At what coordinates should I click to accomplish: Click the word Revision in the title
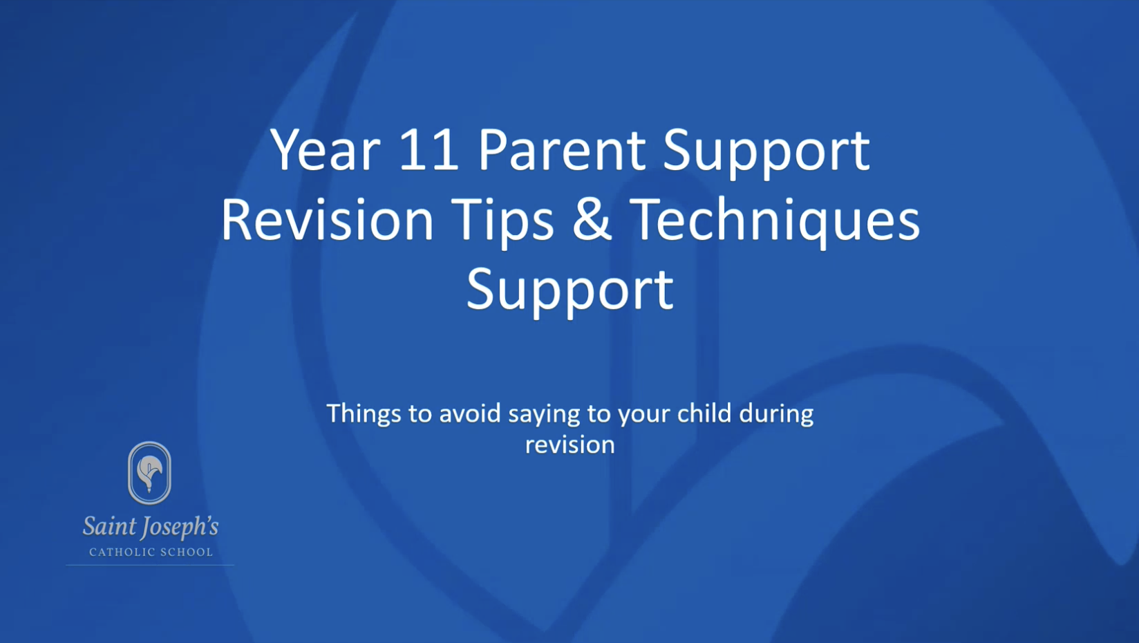click(327, 220)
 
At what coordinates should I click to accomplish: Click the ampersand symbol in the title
click(592, 220)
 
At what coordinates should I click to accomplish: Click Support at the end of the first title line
click(766, 155)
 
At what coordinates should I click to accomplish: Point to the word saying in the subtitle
click(544, 415)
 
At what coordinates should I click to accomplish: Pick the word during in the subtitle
click(776, 415)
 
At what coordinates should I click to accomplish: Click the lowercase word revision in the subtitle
click(570, 445)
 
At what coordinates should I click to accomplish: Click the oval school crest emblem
click(149, 473)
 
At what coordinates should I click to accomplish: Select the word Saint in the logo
click(109, 526)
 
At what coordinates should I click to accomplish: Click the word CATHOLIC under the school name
click(119, 552)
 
